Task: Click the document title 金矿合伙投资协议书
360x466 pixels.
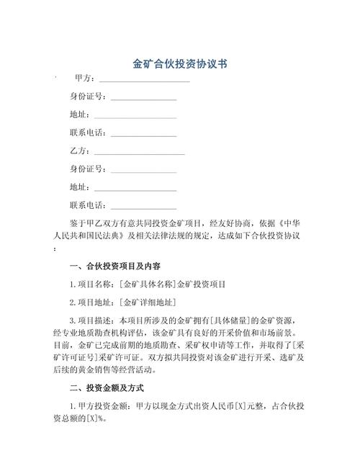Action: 180,63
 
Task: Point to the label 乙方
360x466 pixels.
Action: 78,151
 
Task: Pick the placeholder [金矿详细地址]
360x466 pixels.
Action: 148,302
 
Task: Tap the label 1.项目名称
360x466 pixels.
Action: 92,284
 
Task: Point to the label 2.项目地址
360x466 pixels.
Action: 92,302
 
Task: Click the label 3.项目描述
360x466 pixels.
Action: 92,321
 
